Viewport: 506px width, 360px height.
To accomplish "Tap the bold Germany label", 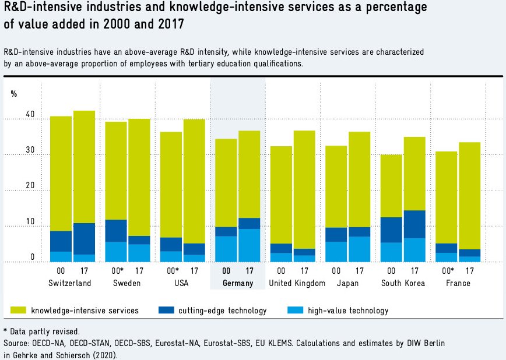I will coord(237,283).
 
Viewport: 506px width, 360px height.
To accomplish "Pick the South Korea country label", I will coord(403,283).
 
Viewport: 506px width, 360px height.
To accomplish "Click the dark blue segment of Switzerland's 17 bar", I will coord(84,238).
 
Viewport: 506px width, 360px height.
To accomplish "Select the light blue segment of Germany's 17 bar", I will coord(250,245).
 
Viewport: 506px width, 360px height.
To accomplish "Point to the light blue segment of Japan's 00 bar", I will coord(336,252).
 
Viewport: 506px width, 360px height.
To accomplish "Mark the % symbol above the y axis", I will coord(14,94).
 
